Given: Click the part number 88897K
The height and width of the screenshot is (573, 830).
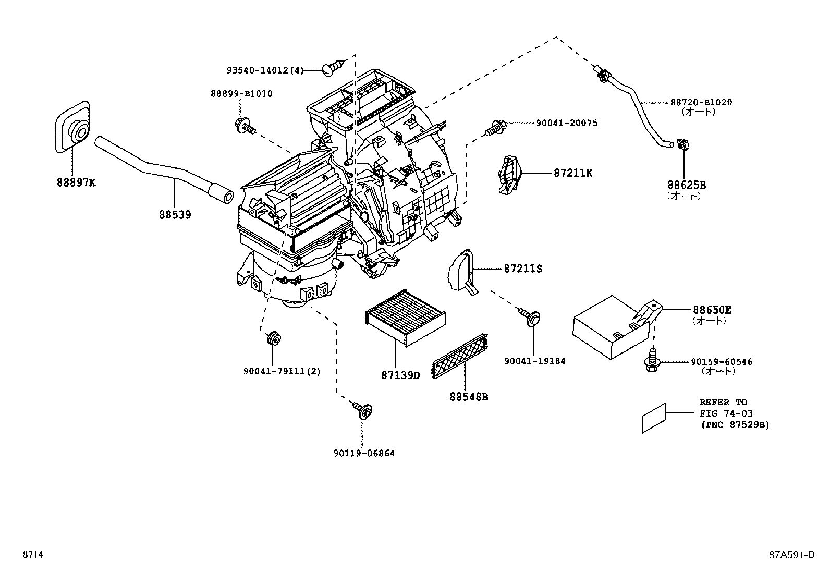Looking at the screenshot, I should click(76, 182).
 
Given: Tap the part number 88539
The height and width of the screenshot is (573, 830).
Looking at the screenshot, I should click(175, 214).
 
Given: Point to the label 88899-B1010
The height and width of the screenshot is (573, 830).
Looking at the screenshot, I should click(241, 94).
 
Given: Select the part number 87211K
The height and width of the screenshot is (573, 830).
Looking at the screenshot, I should click(573, 173).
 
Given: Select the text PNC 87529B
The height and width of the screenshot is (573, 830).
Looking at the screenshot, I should click(735, 425).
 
